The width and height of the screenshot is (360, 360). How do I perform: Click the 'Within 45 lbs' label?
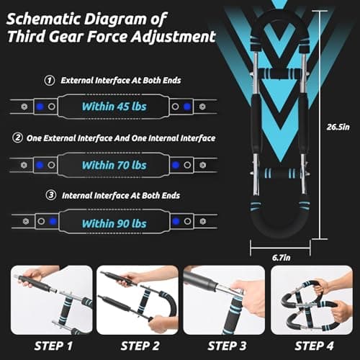point(113,107)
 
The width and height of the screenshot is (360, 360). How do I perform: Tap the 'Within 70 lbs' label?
point(113,165)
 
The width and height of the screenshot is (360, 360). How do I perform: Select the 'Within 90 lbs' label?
point(113,223)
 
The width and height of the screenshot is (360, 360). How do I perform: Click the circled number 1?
point(49,81)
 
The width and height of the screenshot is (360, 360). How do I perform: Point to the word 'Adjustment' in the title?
point(174,37)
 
